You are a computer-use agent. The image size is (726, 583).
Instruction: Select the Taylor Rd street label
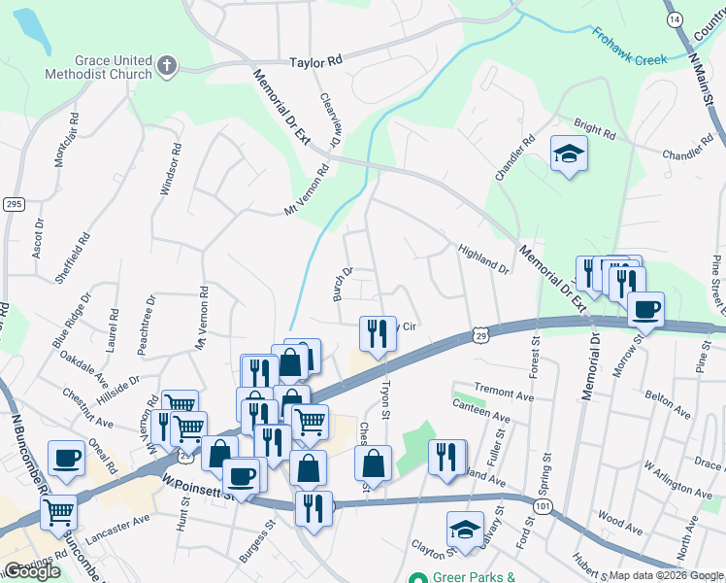pyautogui.click(x=316, y=60)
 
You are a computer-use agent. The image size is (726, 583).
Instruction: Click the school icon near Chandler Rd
pyautogui.click(x=569, y=154)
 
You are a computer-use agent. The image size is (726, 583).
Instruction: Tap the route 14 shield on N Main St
pyautogui.click(x=674, y=19)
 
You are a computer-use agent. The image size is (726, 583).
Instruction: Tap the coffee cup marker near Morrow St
pyautogui.click(x=645, y=310)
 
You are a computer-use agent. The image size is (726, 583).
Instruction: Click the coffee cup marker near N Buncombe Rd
pyautogui.click(x=66, y=459)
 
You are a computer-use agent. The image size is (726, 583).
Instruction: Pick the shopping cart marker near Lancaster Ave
pyautogui.click(x=59, y=510)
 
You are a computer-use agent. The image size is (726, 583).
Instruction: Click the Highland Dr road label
pyautogui.click(x=483, y=258)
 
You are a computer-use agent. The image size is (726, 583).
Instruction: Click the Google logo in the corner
pyautogui.click(x=32, y=571)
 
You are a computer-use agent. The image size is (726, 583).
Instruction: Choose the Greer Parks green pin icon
pyautogui.click(x=416, y=577)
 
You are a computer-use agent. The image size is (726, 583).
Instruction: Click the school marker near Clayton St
pyautogui.click(x=465, y=531)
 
